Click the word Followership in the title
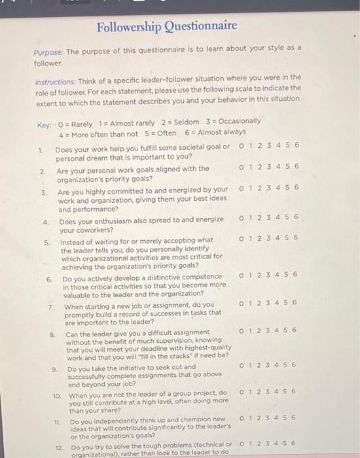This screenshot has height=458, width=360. tap(128, 26)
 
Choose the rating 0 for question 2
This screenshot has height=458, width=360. tap(242, 167)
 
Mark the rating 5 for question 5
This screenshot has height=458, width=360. tap(287, 238)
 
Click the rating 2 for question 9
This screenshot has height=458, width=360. tap(260, 364)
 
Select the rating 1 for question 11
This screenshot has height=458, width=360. tap(251, 417)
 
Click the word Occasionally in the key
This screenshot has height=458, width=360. tap(238, 121)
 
